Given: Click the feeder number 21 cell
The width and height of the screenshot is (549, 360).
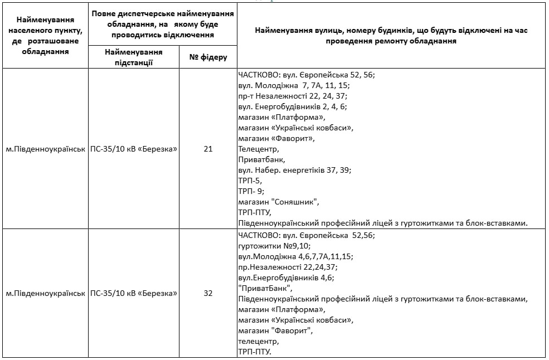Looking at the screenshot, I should pos(208,149).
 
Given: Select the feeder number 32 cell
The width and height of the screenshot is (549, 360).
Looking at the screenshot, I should pos(208,293).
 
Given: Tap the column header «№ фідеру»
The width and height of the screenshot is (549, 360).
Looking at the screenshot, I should pos(208,57).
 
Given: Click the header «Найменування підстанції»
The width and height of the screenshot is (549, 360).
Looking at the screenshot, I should pos(134,57).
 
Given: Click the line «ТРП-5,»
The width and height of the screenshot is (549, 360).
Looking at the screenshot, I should pos(250,181).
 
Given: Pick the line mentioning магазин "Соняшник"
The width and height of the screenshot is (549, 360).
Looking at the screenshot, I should pos(279,202).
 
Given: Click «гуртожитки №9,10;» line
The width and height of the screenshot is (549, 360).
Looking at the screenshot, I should pos(274,246).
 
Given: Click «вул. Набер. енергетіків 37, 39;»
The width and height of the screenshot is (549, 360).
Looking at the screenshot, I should pos(294,170).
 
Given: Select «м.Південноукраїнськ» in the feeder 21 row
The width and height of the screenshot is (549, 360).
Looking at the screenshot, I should pos(45,149).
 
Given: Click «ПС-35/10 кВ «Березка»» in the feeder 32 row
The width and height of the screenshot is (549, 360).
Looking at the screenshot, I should pos(134,293).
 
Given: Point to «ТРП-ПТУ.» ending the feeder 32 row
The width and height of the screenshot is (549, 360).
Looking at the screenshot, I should pos(254,352).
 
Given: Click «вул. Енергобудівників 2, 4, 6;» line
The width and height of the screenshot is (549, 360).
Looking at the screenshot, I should pos(292,106).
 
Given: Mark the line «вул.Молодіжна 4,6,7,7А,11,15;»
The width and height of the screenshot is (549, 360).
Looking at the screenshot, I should pos(295,256).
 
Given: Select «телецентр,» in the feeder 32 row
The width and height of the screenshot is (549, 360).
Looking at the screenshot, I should pos(258,341).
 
